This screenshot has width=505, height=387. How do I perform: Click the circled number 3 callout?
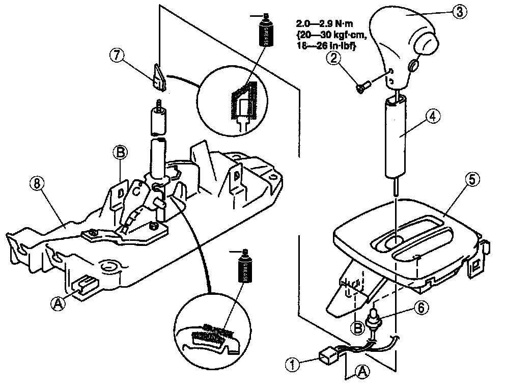point(459,12)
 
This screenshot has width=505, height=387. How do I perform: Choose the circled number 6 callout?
point(420,307)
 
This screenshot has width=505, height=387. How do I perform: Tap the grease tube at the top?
point(264,31)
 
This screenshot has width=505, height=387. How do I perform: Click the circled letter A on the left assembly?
point(58,302)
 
